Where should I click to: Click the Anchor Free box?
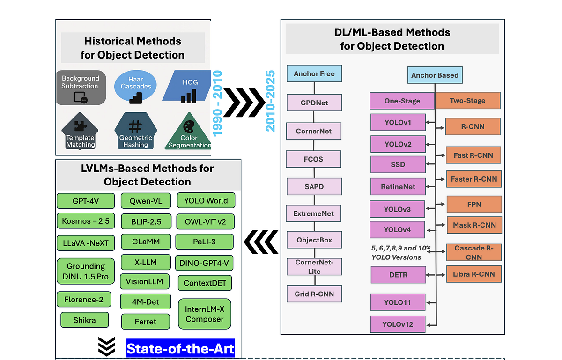pos(314,73)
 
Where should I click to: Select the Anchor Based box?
pos(435,75)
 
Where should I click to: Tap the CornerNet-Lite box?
pos(314,267)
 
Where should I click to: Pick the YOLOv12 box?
pos(398,324)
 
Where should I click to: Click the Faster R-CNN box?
pos(473,179)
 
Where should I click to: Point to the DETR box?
pos(398,275)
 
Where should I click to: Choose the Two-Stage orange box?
pos(467,101)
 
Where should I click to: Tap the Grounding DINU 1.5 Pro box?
pos(86,272)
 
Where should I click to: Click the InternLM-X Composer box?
pos(205,314)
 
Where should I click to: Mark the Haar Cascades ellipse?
pos(136,86)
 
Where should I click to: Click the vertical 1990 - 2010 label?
pos(217,103)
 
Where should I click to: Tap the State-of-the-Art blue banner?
pos(180,349)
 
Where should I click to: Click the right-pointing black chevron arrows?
pos(244,102)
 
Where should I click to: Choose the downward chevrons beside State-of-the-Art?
pos(107,347)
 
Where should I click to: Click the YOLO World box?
pos(206,201)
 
